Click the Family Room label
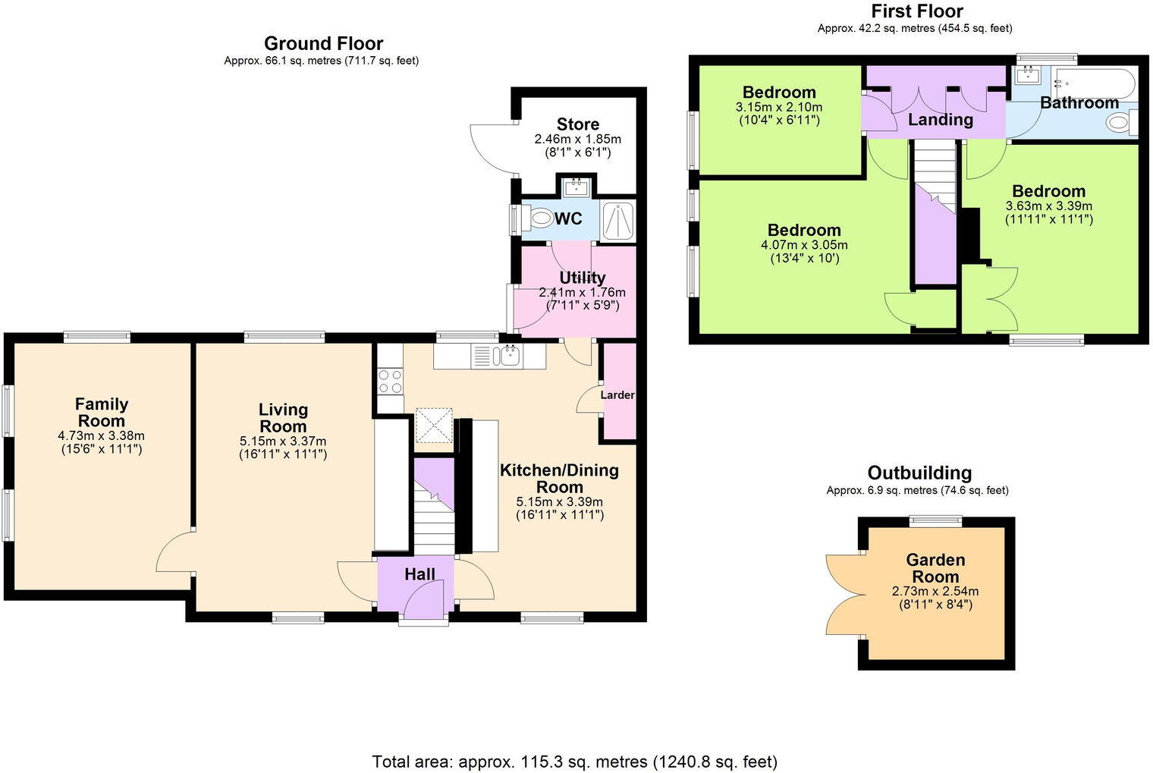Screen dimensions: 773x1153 coord(102,413)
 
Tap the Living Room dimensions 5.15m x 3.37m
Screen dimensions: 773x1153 coord(282,441)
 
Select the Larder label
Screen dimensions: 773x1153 coord(617,395)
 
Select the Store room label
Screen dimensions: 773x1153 coord(577,124)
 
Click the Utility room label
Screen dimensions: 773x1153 coord(582,278)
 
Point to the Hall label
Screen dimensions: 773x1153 coord(419,574)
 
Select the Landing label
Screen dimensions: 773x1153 coord(940,120)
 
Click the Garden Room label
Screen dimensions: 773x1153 coord(935,568)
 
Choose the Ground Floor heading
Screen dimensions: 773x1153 coord(323,43)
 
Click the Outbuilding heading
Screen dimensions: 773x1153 coord(919,473)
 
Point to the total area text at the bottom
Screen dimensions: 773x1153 coord(574,761)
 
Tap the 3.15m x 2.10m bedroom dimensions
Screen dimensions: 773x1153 coord(778,108)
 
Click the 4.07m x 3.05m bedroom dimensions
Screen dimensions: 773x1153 coord(804,246)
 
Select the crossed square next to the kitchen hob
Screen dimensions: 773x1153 coord(434,425)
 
